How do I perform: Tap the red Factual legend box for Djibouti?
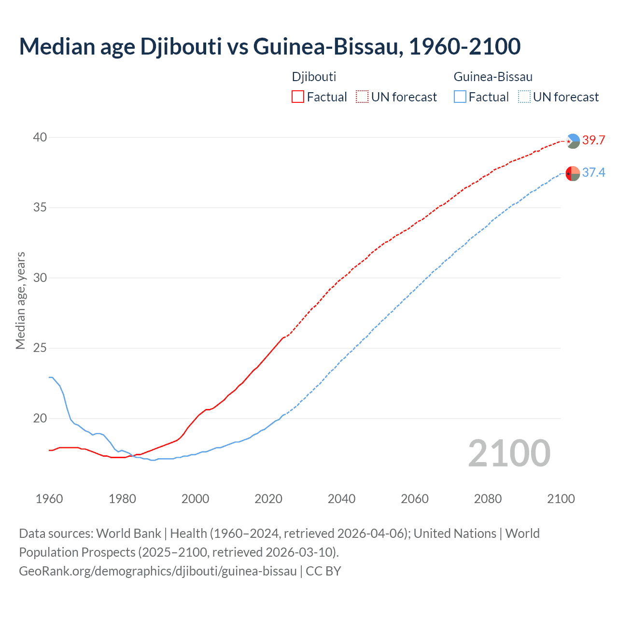[x=298, y=97]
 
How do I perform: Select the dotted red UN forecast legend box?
[x=362, y=97]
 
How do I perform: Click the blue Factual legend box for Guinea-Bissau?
[x=460, y=97]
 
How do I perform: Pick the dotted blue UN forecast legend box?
[x=524, y=97]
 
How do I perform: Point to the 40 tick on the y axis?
[x=40, y=138]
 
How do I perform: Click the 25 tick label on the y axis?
[x=40, y=348]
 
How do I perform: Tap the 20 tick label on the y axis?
[x=40, y=418]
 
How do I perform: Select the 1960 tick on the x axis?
[x=49, y=499]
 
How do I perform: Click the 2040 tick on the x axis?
[x=341, y=499]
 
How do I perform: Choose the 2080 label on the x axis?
[x=488, y=499]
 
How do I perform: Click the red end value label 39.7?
[x=593, y=140]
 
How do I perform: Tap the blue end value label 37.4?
[x=593, y=173]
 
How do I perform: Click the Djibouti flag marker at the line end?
[x=573, y=141]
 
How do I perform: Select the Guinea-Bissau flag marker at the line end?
[x=573, y=173]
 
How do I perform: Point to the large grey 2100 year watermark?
[x=509, y=453]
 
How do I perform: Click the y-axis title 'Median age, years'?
[x=20, y=300]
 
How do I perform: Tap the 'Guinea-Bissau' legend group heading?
[x=493, y=77]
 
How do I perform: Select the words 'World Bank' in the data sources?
[x=128, y=534]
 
